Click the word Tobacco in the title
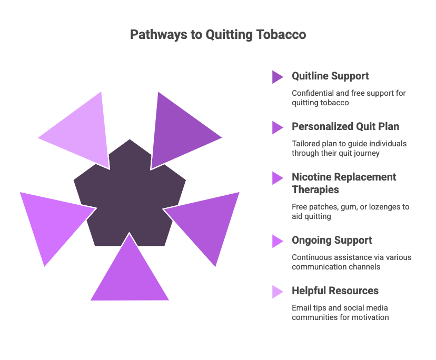[x=281, y=35]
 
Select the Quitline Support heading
[x=330, y=76]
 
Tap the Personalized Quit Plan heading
[x=345, y=126]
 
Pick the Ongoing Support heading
[x=332, y=241]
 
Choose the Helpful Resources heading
[x=335, y=291]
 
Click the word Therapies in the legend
[x=315, y=190]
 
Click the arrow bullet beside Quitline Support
[x=278, y=77]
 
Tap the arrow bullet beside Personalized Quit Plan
[x=278, y=127]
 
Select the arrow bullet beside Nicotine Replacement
[x=278, y=178]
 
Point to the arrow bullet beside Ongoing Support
[x=278, y=241]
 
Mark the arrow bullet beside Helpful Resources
[x=278, y=292]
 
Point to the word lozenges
[x=385, y=207]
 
